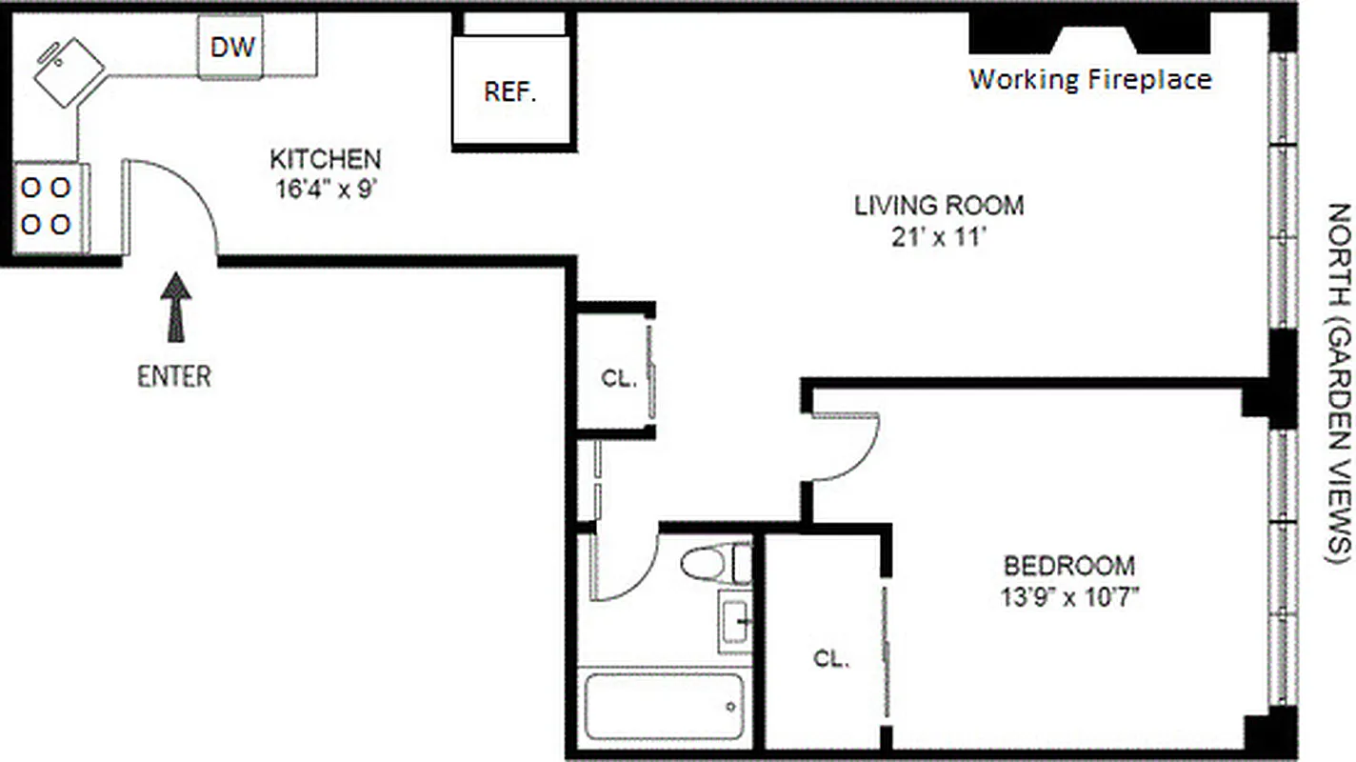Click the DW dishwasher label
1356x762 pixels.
pos(233,47)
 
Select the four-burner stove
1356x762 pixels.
pos(47,207)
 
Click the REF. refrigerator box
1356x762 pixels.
pos(511,92)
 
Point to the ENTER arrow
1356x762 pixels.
pos(174,307)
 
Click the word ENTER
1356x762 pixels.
pos(174,376)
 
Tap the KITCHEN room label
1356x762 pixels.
pos(326,158)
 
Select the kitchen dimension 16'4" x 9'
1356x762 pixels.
pos(326,188)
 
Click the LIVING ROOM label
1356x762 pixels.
pos(938,205)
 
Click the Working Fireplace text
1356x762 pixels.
pos(1090,79)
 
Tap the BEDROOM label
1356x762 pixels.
pos(1069,566)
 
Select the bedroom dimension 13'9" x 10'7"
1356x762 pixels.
pos(1070,597)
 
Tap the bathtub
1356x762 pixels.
pos(664,707)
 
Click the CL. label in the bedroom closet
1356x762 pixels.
pos(831,658)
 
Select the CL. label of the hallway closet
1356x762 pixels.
pos(618,378)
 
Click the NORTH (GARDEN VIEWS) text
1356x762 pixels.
pos(1338,381)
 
